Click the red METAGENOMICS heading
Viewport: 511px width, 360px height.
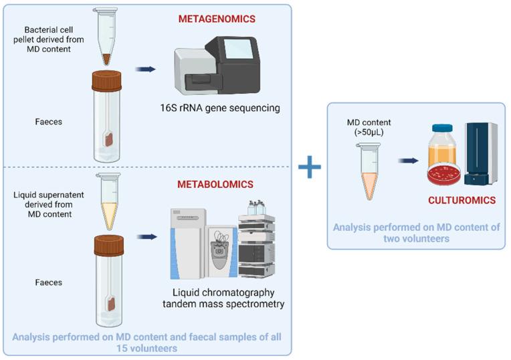point(216,18)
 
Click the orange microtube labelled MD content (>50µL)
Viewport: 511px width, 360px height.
point(368,172)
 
